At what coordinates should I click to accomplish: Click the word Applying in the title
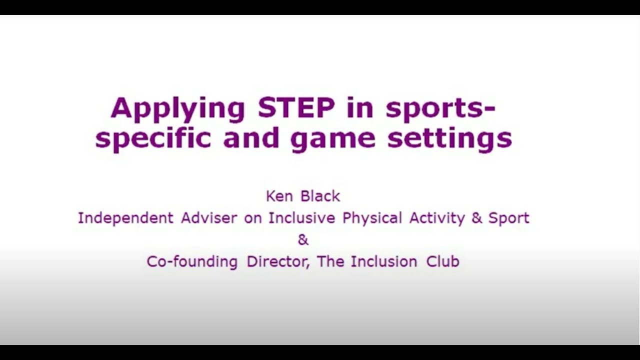(177, 110)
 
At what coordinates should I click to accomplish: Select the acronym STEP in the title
(296, 107)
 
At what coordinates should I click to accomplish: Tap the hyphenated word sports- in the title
(440, 110)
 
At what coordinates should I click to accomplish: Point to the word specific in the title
(153, 139)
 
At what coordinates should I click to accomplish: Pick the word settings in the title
(449, 139)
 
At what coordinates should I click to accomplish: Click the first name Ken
(279, 196)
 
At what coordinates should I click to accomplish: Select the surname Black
(320, 196)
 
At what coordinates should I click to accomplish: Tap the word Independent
(125, 218)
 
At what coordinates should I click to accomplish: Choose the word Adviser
(209, 217)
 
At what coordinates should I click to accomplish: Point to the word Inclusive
(301, 217)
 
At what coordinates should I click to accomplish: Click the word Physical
(372, 218)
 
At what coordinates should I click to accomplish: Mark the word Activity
(437, 218)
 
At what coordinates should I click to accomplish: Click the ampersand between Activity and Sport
(477, 218)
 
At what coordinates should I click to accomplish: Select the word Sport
(509, 218)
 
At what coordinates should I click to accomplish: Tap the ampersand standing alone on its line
(303, 240)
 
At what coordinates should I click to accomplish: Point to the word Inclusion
(384, 261)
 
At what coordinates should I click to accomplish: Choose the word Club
(443, 261)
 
